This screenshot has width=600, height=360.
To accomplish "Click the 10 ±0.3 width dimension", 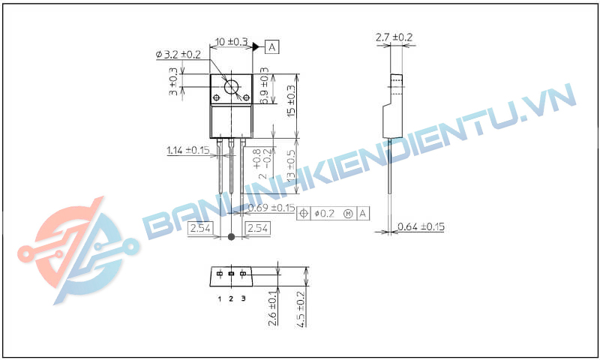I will point(232,42).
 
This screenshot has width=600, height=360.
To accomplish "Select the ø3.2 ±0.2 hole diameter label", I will point(178,54).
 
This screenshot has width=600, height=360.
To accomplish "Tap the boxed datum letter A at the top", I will point(272,46).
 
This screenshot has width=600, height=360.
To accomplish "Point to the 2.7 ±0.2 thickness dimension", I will point(394,37).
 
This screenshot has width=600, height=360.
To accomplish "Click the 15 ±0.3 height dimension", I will point(292,100).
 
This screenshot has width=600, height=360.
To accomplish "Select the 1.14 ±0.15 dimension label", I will point(188,150).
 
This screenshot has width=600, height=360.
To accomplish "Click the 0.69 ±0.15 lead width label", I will point(270,208).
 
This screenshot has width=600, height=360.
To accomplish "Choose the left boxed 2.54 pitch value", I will point(200,227).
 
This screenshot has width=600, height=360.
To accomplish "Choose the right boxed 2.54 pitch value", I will point(257,227).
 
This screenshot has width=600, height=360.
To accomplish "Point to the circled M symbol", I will point(348,214).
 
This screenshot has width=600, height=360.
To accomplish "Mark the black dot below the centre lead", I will point(231,237).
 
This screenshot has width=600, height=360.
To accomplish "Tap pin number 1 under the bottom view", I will point(220,299).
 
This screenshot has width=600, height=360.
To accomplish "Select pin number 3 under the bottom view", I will point(243,299).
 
